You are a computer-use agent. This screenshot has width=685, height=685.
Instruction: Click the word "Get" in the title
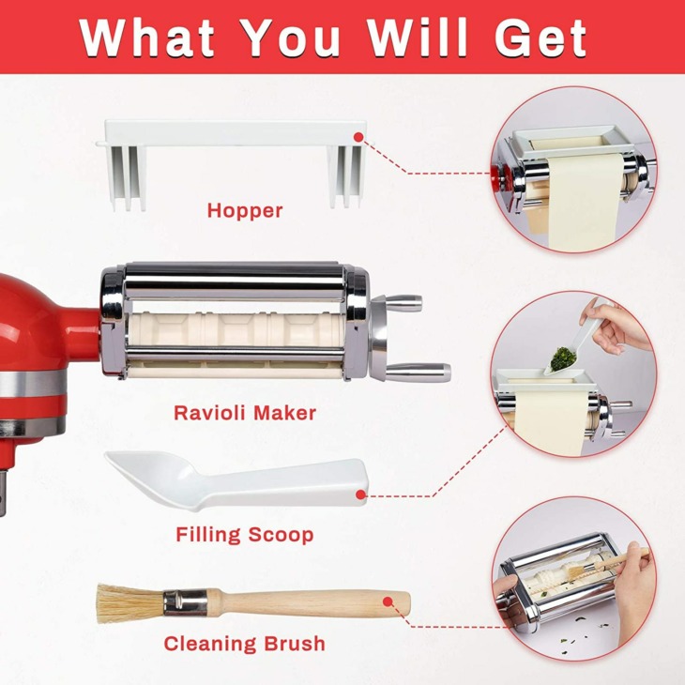point(540,38)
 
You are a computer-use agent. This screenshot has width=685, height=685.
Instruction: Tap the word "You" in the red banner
point(291,38)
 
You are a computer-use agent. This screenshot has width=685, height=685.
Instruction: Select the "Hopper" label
point(245,211)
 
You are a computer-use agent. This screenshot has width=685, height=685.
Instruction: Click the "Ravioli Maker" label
point(245,413)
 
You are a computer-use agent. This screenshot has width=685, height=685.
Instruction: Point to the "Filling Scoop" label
point(245,535)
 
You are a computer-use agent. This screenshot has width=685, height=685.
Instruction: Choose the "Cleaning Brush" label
point(245,644)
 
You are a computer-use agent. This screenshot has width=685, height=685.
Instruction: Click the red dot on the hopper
point(358,137)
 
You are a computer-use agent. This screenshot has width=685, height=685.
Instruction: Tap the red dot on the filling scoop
point(360,495)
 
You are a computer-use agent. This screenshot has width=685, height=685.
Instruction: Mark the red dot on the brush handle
point(387,601)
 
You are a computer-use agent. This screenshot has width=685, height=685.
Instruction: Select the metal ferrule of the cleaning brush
point(185,602)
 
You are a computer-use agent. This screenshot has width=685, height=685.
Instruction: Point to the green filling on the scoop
point(562,358)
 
